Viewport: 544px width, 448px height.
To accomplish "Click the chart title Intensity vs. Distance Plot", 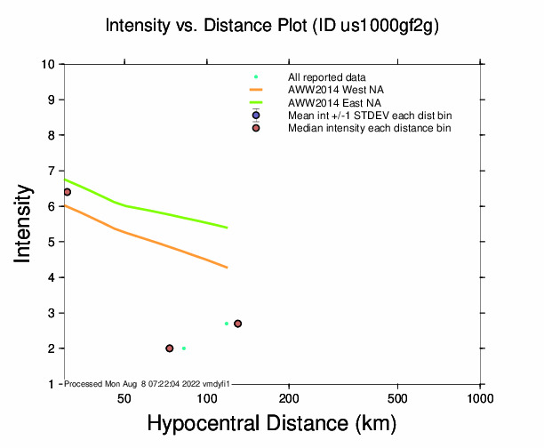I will coord(272,27).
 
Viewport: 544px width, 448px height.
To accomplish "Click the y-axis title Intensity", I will coord(24,224).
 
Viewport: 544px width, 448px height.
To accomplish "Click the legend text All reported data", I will coord(327,77).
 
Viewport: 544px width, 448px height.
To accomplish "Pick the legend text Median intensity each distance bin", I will coord(369,128).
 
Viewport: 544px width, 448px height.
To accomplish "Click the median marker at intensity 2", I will coord(169,348).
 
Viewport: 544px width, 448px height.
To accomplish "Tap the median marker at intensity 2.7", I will coord(237,324).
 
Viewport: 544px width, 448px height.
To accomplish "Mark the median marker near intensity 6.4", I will coord(67,192).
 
